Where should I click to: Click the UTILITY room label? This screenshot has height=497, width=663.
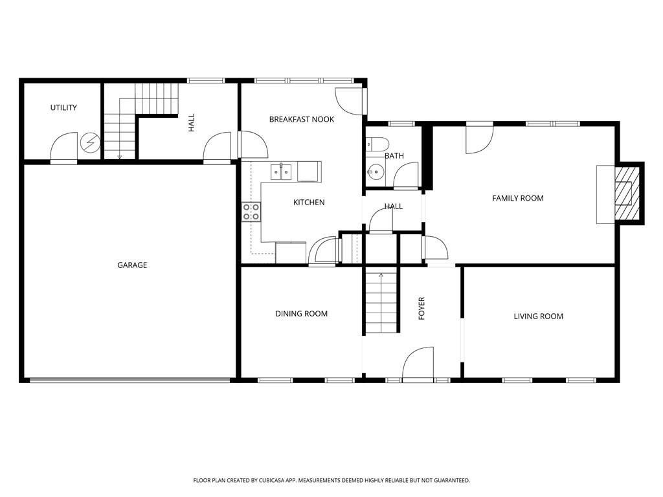[63, 107]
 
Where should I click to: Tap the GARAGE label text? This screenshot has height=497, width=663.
[132, 265]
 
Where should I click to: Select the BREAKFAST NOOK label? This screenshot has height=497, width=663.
[301, 119]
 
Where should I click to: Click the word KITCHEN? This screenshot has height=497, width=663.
[309, 203]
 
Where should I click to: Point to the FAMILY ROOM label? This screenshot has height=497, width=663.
[517, 198]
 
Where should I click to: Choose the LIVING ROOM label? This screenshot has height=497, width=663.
[538, 316]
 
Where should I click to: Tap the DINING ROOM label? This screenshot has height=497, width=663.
[301, 314]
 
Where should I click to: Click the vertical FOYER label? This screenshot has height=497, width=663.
[421, 309]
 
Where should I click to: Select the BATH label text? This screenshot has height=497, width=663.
[394, 156]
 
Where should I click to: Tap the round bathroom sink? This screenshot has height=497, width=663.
[374, 171]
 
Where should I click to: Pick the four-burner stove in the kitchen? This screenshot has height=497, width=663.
[251, 212]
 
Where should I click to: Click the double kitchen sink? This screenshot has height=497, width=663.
[281, 171]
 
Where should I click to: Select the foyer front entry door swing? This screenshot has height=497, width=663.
[420, 362]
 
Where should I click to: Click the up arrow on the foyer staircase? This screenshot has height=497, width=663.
[381, 276]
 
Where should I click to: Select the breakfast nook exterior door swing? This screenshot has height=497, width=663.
[350, 100]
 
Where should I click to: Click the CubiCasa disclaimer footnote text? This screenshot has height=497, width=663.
[331, 480]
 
